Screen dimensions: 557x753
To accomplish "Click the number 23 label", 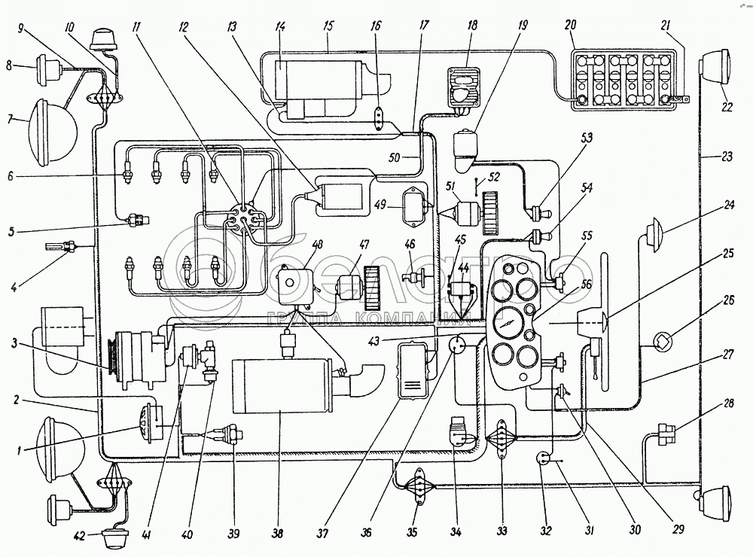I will (726, 157).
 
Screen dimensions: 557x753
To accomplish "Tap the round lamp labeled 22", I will (717, 66).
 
